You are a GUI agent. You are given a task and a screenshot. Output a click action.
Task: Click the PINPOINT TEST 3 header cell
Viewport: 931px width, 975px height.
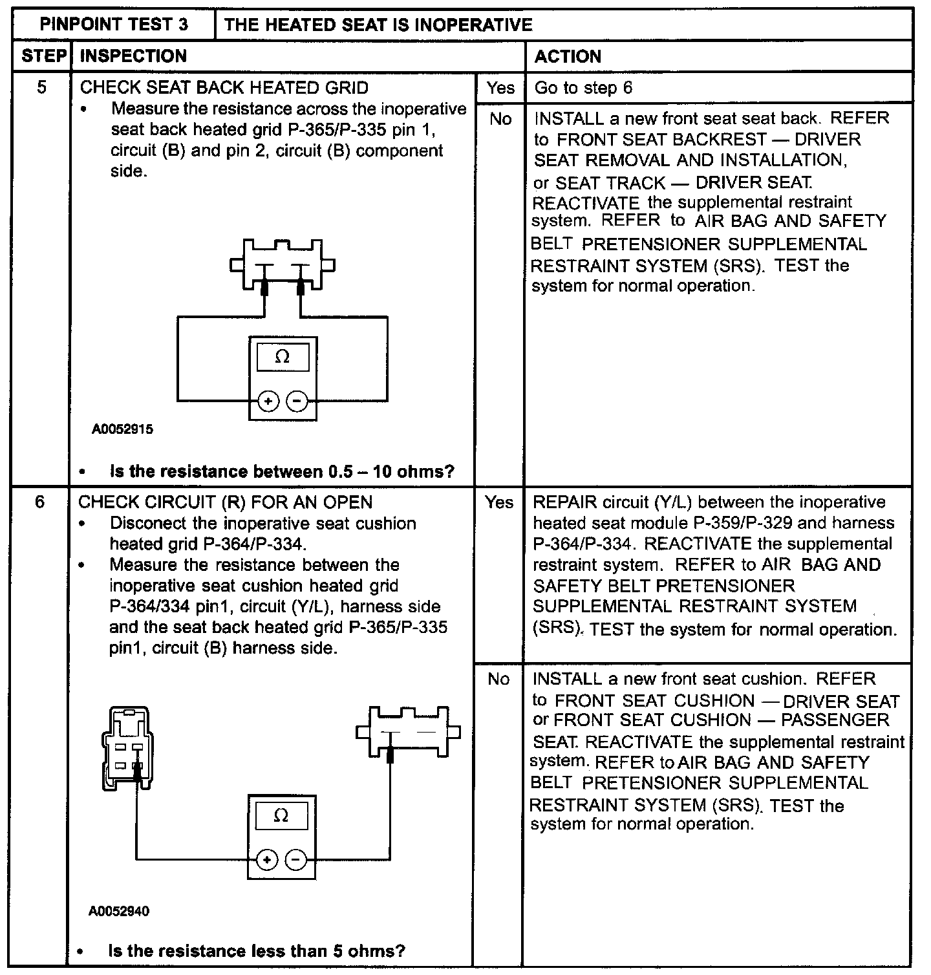pos(114,25)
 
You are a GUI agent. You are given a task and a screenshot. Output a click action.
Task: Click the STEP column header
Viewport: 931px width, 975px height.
pos(43,56)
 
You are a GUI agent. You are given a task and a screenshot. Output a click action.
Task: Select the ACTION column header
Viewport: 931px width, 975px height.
pos(568,57)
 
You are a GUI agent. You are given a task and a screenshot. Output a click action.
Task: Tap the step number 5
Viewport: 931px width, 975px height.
pos(42,87)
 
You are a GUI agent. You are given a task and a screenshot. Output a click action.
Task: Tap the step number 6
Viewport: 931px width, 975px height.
pos(40,502)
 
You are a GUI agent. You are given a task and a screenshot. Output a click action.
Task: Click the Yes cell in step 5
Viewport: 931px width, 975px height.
pos(500,88)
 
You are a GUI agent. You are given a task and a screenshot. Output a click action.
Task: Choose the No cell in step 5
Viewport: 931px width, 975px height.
pos(500,119)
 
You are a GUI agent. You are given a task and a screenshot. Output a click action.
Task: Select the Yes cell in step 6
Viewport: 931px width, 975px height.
pos(498,502)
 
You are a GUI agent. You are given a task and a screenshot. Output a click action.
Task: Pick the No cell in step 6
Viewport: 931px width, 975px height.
pos(498,679)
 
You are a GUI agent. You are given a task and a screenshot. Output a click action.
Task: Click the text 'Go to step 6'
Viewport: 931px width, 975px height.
pos(583,88)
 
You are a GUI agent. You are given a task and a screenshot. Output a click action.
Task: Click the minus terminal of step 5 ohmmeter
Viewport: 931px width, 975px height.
pos(297,402)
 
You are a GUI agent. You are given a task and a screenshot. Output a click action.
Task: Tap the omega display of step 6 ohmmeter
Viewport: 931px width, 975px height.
pos(281,816)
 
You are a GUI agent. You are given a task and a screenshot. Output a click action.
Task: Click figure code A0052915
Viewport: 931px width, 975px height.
pos(122,429)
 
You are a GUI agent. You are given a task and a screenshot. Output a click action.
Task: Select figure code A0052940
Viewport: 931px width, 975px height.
pos(119,912)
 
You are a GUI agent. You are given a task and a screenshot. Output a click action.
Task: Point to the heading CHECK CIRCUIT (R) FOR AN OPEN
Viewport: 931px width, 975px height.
pos(225,502)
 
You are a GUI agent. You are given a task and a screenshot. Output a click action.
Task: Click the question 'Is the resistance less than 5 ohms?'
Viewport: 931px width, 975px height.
pos(257,951)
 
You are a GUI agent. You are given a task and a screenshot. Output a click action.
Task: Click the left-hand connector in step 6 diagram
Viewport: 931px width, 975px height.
pos(128,746)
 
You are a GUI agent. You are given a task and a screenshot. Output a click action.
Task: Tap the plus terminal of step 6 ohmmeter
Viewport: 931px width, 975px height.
pos(266,860)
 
